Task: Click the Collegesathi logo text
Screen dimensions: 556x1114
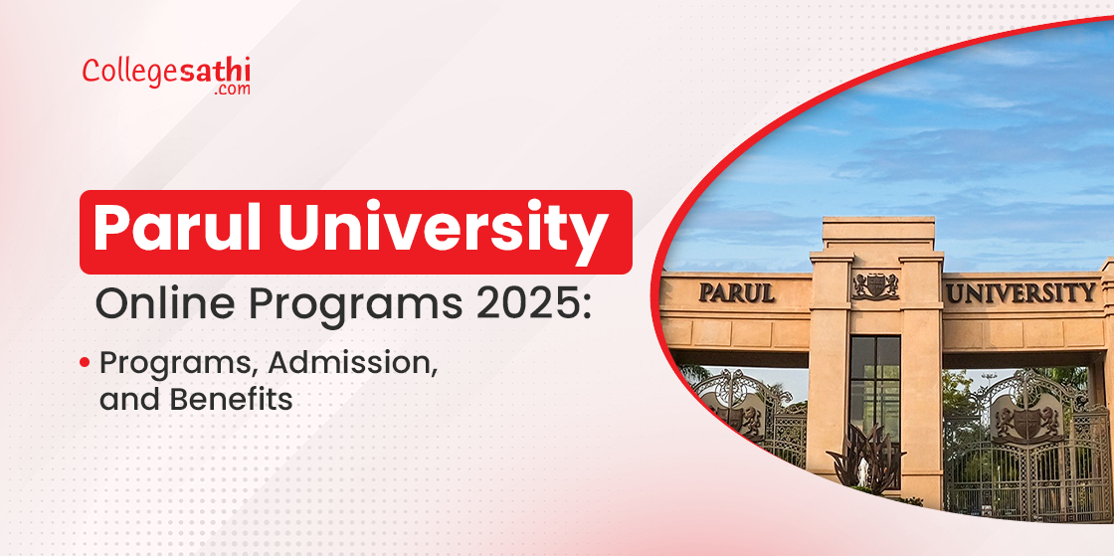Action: pyautogui.click(x=166, y=71)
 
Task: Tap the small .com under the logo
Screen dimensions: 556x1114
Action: pyautogui.click(x=232, y=89)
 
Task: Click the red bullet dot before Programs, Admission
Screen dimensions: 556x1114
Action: pyautogui.click(x=86, y=362)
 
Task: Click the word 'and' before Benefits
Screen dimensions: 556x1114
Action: pyautogui.click(x=124, y=399)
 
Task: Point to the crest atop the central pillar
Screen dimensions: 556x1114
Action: pyautogui.click(x=875, y=285)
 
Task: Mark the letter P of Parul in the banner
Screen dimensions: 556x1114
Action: pyautogui.click(x=110, y=230)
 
